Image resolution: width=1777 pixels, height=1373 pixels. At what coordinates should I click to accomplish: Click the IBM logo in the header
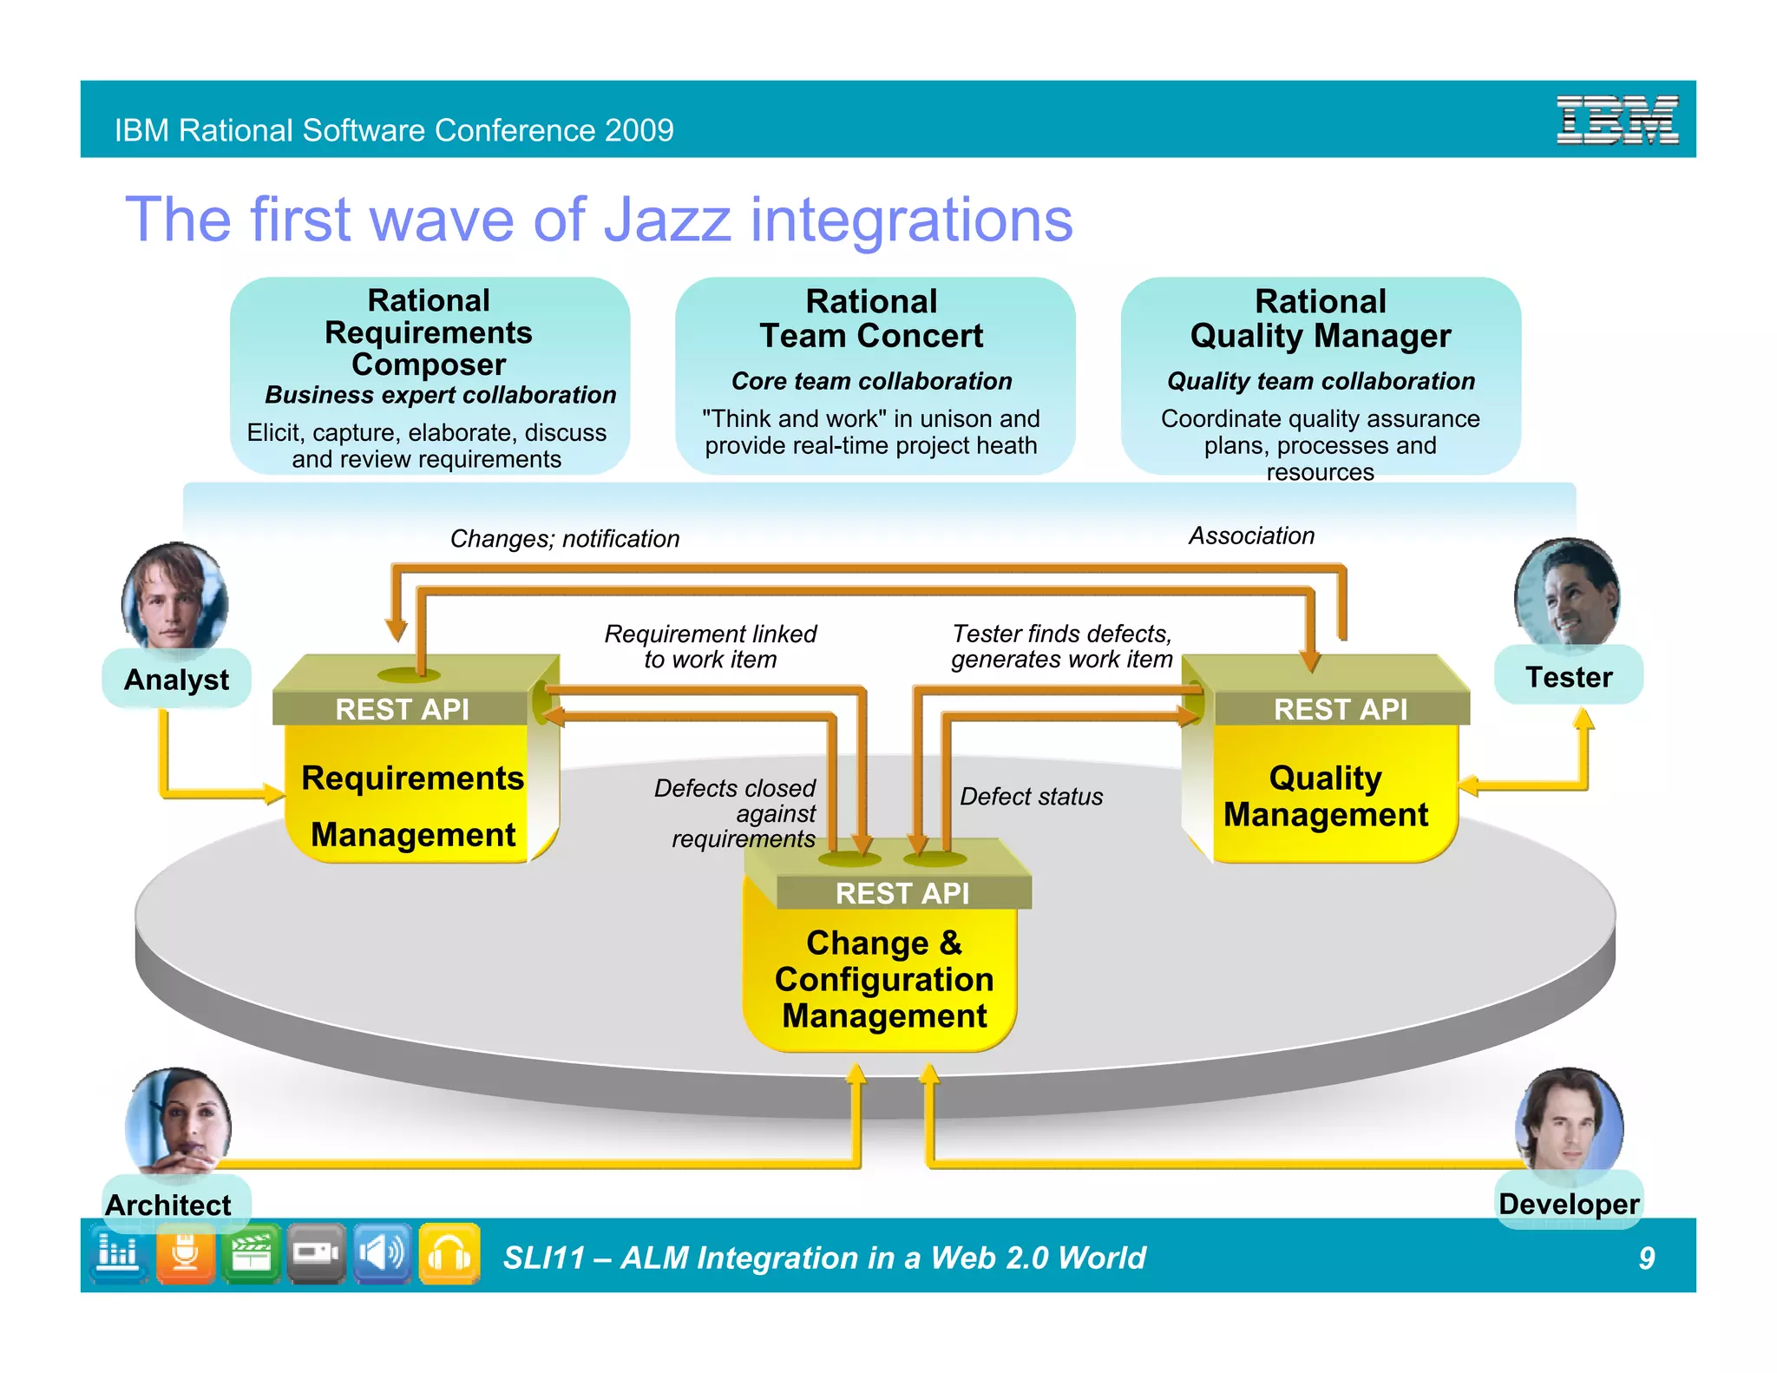tap(1616, 120)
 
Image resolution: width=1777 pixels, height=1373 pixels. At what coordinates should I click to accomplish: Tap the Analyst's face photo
tap(174, 596)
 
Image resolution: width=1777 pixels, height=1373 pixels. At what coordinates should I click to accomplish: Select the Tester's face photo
tap(1567, 593)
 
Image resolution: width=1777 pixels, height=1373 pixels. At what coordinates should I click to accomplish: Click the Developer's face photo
tap(1569, 1120)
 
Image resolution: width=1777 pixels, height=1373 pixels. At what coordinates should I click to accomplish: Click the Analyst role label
tap(176, 680)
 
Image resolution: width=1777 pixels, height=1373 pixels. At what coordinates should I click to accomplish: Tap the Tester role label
tap(1569, 677)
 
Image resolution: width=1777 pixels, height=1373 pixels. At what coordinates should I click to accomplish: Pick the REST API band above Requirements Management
tap(402, 709)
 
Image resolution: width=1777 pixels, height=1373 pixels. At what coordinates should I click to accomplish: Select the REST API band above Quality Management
tap(1340, 709)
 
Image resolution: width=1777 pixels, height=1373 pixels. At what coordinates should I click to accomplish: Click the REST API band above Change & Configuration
tap(902, 893)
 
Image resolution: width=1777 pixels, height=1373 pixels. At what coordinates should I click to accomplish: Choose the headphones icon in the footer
tap(449, 1253)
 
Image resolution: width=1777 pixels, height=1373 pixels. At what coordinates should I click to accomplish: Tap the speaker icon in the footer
tap(382, 1253)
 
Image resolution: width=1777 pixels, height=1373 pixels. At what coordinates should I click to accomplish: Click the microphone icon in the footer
tap(185, 1253)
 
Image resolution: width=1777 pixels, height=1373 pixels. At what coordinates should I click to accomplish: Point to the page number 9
tap(1646, 1258)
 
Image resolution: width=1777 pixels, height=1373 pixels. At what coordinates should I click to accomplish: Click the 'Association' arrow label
tap(1251, 535)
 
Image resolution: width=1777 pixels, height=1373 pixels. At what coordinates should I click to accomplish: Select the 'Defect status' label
tap(1031, 796)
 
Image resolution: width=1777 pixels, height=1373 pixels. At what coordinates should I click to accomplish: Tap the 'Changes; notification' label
tap(564, 539)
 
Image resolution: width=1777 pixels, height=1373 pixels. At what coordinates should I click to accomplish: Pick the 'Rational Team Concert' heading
tap(871, 319)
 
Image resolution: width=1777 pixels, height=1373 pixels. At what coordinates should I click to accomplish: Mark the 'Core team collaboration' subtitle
tap(871, 381)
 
